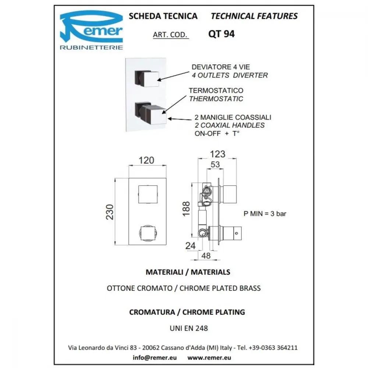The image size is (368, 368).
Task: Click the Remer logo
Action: (x=91, y=30)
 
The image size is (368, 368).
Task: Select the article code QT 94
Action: (x=221, y=34)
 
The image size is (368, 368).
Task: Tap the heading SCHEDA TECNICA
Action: (x=163, y=16)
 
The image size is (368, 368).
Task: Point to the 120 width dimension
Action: (x=146, y=160)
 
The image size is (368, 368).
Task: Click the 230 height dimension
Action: (x=110, y=212)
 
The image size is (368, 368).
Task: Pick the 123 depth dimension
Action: (x=217, y=154)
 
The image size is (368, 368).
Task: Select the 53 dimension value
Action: (x=215, y=164)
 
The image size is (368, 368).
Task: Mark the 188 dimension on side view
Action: (x=186, y=209)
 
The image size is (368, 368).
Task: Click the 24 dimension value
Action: (x=190, y=246)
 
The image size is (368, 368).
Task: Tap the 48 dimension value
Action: (x=206, y=256)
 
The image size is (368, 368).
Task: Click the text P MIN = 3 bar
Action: (x=265, y=213)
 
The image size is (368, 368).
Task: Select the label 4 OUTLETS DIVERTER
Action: (x=230, y=75)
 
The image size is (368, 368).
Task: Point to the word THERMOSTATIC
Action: (x=216, y=99)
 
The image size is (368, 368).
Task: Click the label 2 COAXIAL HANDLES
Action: (x=230, y=125)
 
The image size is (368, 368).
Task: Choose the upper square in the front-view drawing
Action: (x=148, y=194)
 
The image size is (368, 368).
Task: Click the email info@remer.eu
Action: (x=155, y=357)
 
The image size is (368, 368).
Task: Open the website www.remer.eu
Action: (x=209, y=357)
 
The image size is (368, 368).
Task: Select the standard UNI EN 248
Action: (x=189, y=328)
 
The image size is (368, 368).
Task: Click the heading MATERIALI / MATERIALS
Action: (x=188, y=272)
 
